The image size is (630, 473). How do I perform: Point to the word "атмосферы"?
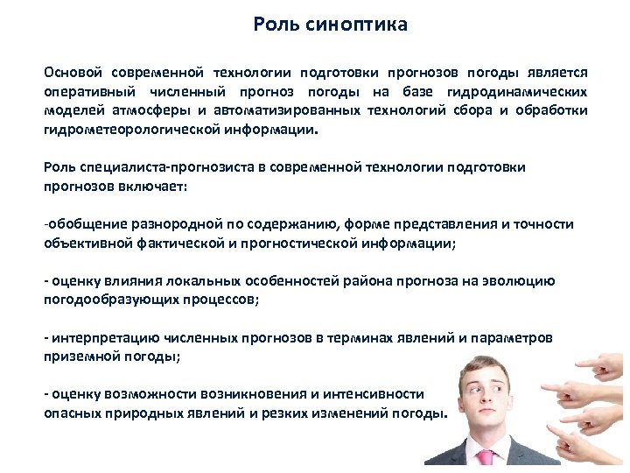pyautogui.click(x=152, y=110)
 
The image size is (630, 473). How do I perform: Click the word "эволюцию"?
pyautogui.click(x=522, y=281)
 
